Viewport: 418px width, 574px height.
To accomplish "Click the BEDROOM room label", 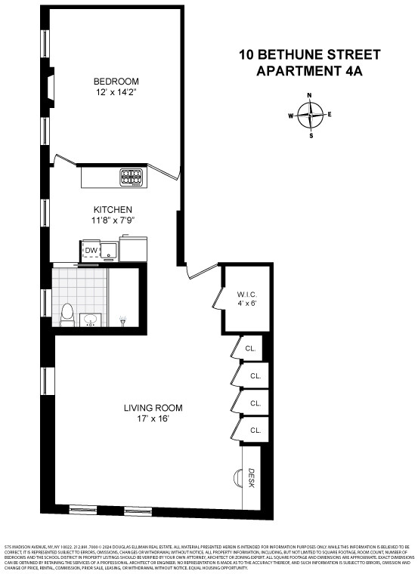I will point(116,82).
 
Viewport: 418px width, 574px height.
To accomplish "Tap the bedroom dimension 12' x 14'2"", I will point(116,94).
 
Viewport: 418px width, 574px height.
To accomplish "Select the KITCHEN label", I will point(113,209).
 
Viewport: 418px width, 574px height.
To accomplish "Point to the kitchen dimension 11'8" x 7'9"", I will point(113,221).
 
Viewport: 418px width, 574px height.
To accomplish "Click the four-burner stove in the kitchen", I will point(132,177).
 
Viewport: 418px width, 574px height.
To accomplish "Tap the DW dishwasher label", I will point(91,251).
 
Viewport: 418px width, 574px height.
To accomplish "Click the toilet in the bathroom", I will point(67,315).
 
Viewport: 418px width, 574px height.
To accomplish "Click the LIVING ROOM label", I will point(153,408).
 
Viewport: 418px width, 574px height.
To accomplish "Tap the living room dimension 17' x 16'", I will point(153,419).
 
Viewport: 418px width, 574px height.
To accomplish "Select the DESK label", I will point(252,477).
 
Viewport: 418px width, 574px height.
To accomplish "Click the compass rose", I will point(310,116).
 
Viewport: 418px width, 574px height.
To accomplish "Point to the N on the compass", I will point(310,96).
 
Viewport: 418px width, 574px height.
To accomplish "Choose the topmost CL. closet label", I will point(250,349).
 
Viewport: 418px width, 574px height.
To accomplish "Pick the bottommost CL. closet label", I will point(255,430).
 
